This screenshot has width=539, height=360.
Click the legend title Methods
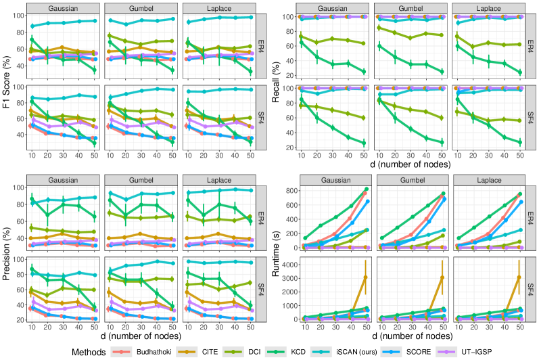pos(90,351)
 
